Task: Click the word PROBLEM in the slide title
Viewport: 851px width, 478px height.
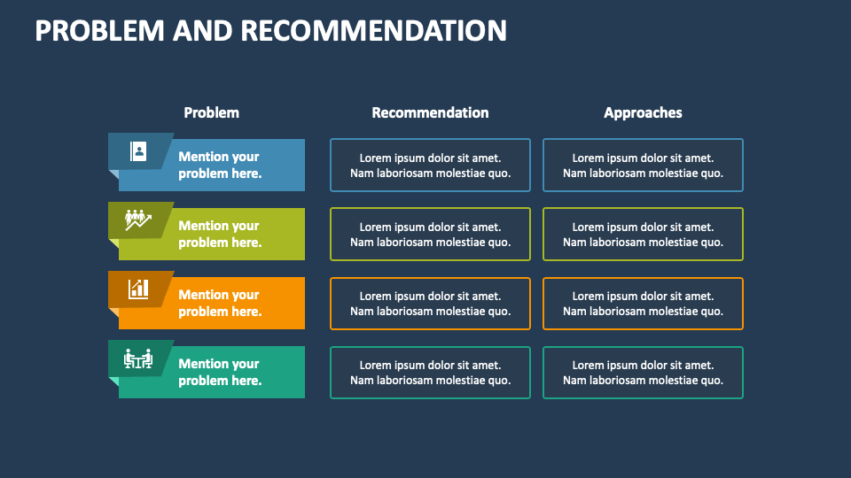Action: [99, 30]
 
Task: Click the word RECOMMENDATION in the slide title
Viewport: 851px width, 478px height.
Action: [373, 30]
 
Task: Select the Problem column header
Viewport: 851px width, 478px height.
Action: [211, 112]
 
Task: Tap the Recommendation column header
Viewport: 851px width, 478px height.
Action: [430, 112]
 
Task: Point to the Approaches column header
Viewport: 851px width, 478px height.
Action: [643, 112]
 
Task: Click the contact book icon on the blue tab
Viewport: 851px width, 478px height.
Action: [137, 151]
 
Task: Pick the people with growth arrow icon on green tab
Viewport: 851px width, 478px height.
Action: [137, 220]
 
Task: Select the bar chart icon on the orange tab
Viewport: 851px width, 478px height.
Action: [138, 289]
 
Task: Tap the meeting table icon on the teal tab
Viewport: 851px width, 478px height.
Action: [137, 358]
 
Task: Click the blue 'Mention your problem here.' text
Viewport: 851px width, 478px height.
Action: [220, 165]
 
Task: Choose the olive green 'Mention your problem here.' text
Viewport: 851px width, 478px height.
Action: [220, 234]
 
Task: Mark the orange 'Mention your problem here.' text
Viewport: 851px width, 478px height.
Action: [220, 303]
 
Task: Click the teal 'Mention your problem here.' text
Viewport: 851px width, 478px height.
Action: [220, 372]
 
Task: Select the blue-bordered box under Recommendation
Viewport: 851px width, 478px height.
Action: [430, 166]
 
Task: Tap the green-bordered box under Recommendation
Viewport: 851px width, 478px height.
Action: [430, 235]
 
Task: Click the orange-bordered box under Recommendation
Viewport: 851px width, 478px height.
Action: [430, 304]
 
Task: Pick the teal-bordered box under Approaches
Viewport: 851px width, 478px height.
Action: [643, 373]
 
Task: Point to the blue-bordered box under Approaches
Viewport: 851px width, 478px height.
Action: [643, 166]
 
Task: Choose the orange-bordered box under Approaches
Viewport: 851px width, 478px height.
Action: [643, 304]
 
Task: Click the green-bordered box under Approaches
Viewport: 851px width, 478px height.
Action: [643, 235]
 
